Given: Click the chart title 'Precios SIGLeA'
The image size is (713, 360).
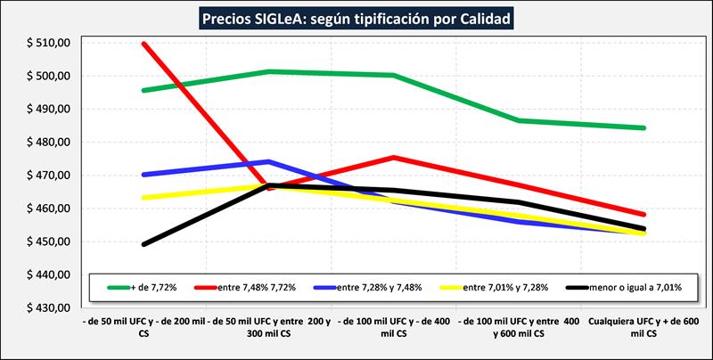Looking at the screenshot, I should (x=356, y=18).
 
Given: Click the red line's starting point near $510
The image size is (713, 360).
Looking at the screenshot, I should (x=144, y=44).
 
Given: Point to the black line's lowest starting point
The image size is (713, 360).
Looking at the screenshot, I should (x=144, y=244).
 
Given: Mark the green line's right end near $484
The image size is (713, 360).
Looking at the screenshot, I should (x=643, y=127).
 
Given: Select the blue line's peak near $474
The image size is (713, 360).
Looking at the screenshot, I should (x=269, y=161).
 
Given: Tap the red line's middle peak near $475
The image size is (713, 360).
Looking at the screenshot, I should (x=394, y=158).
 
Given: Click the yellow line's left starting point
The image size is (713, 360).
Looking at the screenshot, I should (x=144, y=198).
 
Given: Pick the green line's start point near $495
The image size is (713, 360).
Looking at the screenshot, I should (x=144, y=90).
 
